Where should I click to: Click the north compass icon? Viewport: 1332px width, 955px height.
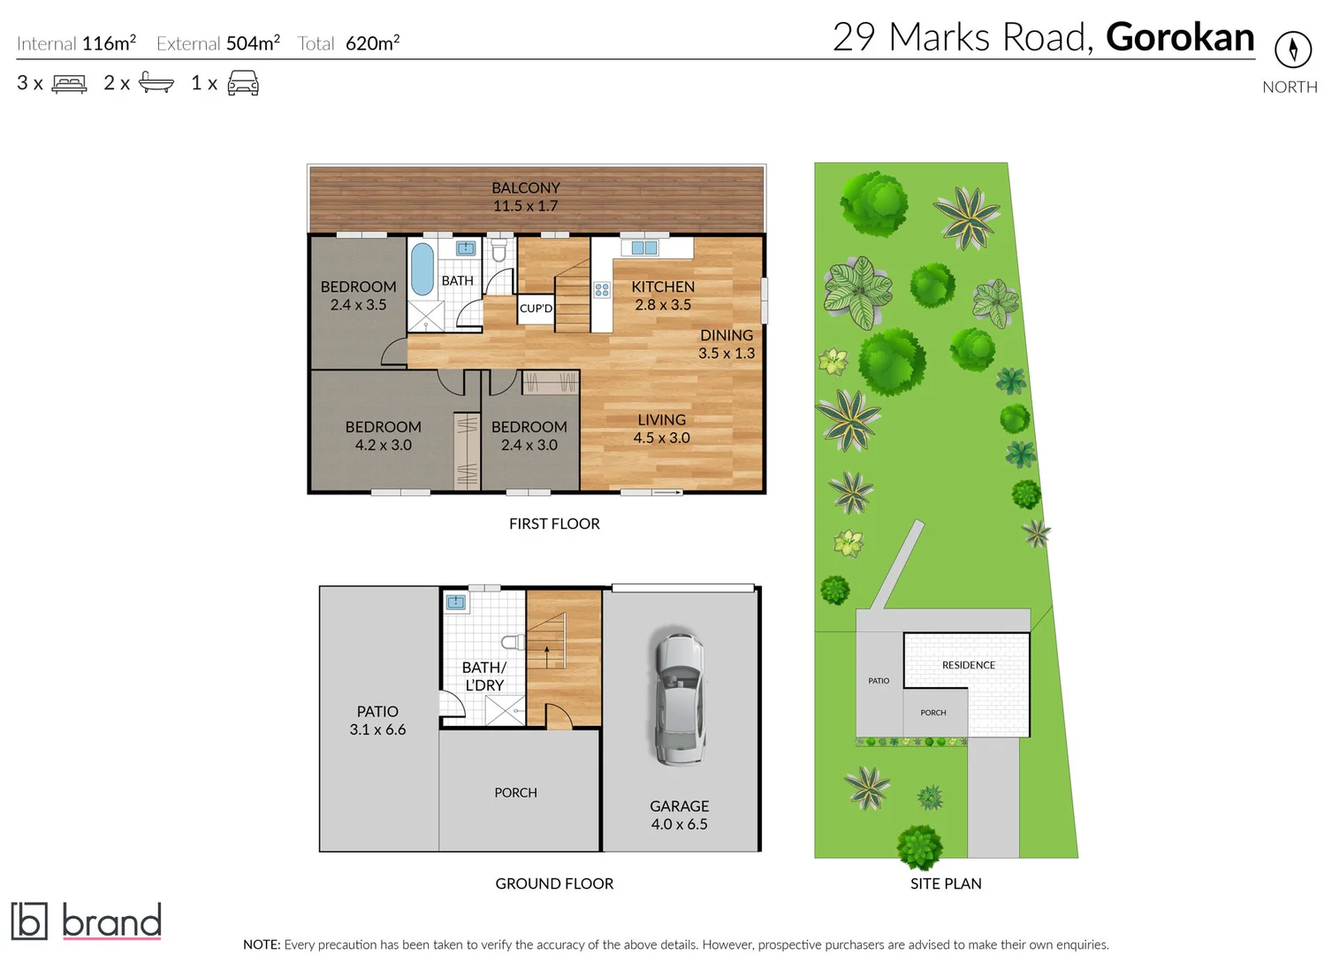pyautogui.click(x=1292, y=50)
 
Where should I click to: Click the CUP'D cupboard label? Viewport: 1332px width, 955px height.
pyautogui.click(x=536, y=309)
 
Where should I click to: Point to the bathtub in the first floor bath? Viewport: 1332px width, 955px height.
pyautogui.click(x=422, y=269)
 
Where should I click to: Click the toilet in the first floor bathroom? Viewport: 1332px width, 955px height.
pyautogui.click(x=499, y=251)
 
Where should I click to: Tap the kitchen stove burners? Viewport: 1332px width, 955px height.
pyautogui.click(x=602, y=289)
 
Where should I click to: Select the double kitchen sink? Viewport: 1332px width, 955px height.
pyautogui.click(x=644, y=248)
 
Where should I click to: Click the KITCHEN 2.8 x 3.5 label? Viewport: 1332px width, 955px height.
pyautogui.click(x=662, y=295)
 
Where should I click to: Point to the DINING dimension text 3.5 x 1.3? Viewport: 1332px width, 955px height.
pyautogui.click(x=726, y=354)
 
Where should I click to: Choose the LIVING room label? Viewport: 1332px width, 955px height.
pyautogui.click(x=661, y=420)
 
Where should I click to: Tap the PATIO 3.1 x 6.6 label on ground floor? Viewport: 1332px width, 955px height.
pyautogui.click(x=377, y=721)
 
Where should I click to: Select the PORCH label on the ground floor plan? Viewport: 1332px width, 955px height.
pyautogui.click(x=515, y=793)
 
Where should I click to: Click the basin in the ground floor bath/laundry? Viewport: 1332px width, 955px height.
pyautogui.click(x=456, y=602)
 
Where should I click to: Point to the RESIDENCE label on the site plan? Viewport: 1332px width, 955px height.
pyautogui.click(x=968, y=665)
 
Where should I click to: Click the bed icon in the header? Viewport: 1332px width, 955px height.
pyautogui.click(x=69, y=84)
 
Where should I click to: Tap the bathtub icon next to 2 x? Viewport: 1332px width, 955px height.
pyautogui.click(x=156, y=84)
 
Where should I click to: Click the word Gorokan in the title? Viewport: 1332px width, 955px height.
pyautogui.click(x=1179, y=37)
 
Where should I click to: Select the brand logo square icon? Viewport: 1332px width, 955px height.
pyautogui.click(x=28, y=921)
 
